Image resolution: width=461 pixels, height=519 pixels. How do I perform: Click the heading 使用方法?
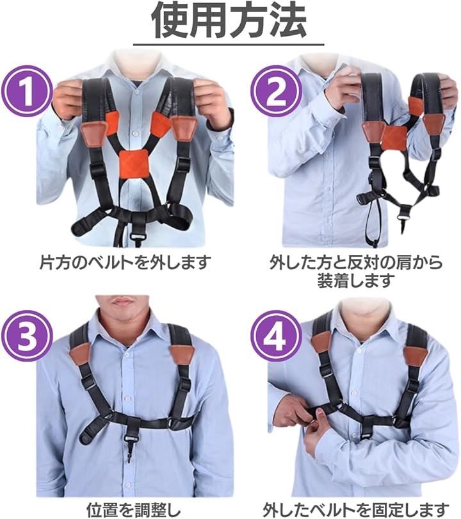click(x=229, y=21)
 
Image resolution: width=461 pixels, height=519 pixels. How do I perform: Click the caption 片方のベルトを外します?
click(x=125, y=262)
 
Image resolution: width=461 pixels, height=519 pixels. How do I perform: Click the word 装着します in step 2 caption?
click(x=356, y=281)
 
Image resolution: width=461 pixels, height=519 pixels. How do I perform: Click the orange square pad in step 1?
click(x=133, y=165)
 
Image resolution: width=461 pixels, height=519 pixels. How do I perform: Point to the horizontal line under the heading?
click(x=229, y=45)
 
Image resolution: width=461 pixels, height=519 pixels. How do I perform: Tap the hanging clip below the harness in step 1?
click(x=135, y=236)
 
